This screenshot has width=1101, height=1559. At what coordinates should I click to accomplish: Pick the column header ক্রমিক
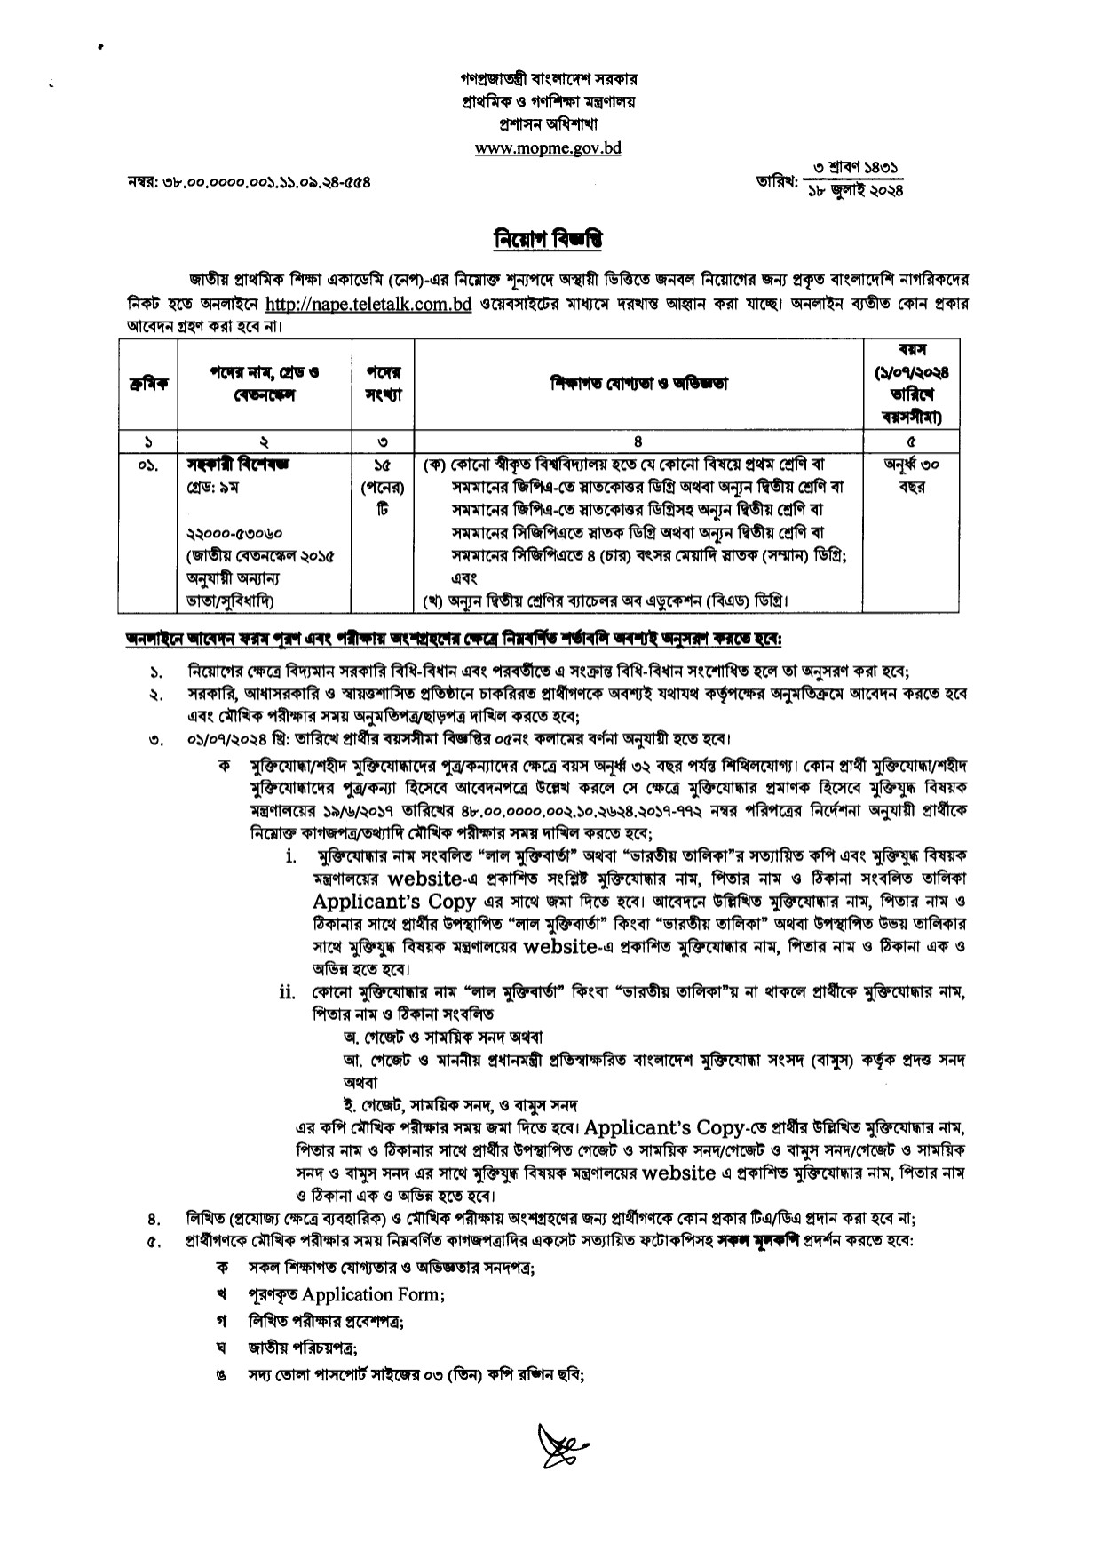pyautogui.click(x=147, y=384)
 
